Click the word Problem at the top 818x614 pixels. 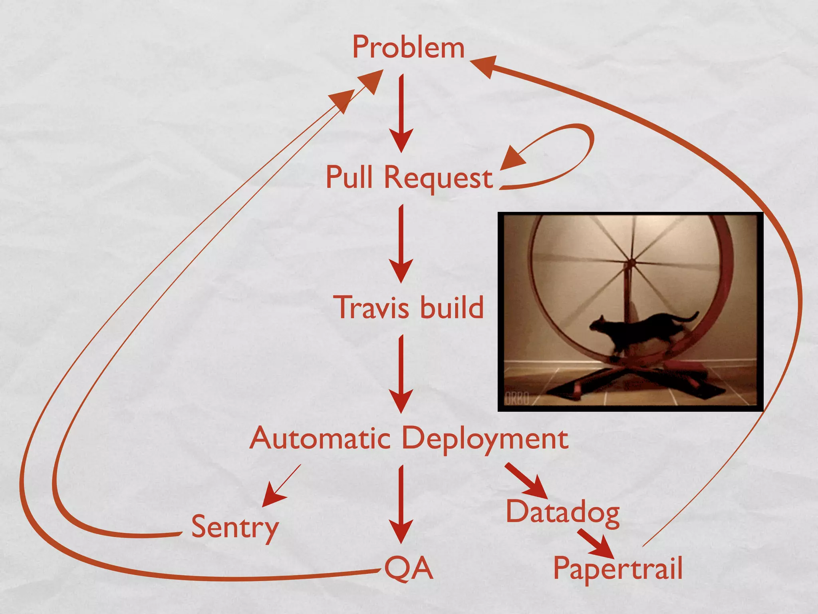tap(408, 47)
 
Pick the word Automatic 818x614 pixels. tap(320, 438)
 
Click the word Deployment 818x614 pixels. tap(485, 439)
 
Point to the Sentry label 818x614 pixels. tap(235, 527)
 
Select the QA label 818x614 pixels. tap(408, 568)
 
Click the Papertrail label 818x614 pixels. tap(617, 568)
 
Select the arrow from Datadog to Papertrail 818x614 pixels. tap(595, 544)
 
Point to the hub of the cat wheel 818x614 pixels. tap(631, 264)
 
